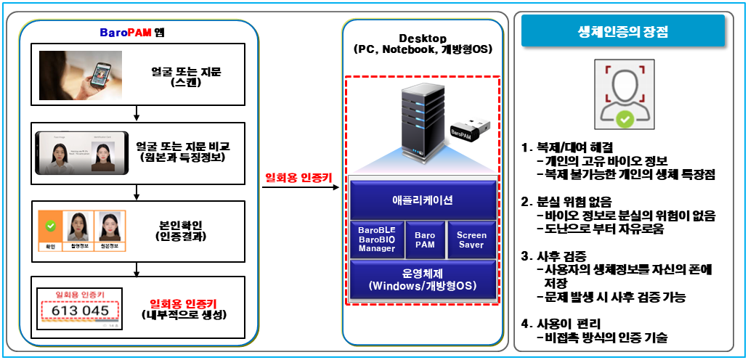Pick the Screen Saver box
[471, 240]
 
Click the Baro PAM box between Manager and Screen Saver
[424, 240]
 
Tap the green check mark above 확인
[51, 226]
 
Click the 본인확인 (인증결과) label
[182, 229]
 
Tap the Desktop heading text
[423, 38]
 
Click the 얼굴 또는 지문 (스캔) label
[182, 77]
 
